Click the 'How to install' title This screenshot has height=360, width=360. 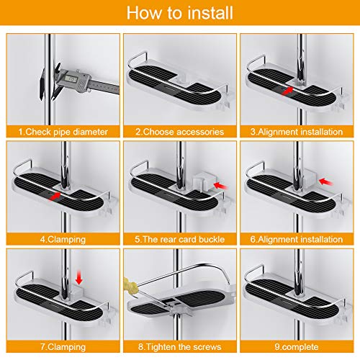(x=180, y=13)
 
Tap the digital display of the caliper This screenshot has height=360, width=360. (x=71, y=78)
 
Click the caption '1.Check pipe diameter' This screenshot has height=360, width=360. (x=63, y=132)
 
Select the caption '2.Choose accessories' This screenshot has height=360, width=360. (x=180, y=132)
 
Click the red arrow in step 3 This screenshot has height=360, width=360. (x=287, y=91)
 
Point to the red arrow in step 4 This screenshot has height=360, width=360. (x=54, y=196)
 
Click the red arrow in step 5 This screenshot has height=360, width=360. (x=220, y=185)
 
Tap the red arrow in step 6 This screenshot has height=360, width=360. (x=325, y=181)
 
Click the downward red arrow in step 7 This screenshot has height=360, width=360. (x=78, y=277)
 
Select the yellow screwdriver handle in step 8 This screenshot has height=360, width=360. (x=130, y=284)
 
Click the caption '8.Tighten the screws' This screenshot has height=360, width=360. (x=180, y=347)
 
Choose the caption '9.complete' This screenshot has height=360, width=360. (x=297, y=347)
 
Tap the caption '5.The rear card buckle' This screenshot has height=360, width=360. (x=180, y=239)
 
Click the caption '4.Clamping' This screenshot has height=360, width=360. (x=63, y=239)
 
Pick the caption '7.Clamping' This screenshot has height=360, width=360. (x=63, y=347)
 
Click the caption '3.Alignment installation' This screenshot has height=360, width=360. (x=297, y=132)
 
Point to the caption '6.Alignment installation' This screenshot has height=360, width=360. (x=297, y=239)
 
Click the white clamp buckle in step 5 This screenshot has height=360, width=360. (x=204, y=181)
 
